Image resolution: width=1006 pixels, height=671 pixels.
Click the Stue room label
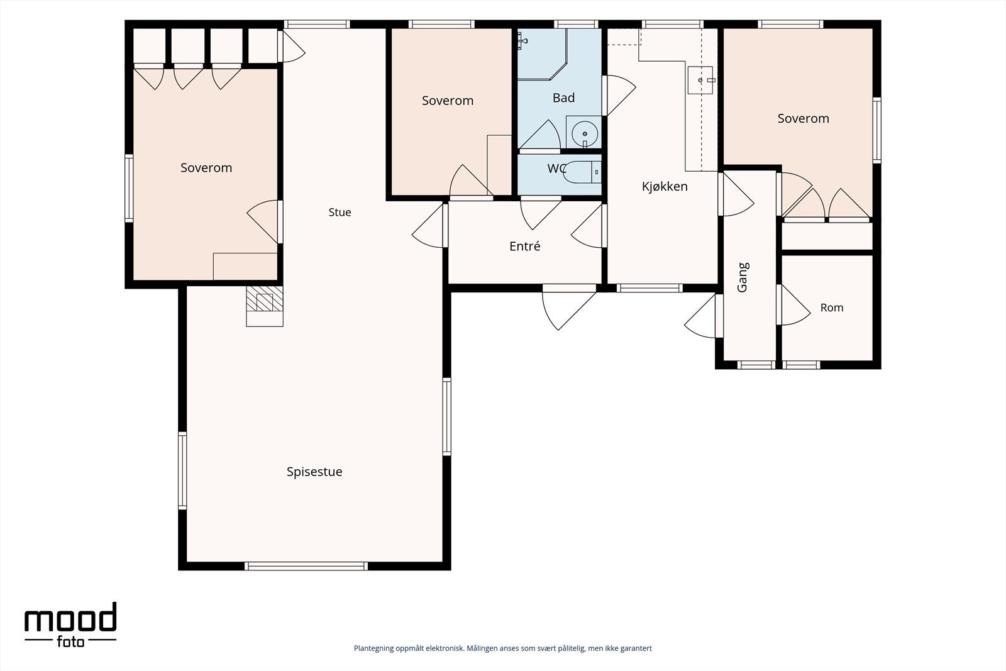pos(340,212)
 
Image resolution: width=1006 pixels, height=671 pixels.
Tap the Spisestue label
pos(314,472)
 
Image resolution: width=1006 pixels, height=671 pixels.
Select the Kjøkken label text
pos(665,186)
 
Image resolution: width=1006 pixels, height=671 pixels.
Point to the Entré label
pos(524,246)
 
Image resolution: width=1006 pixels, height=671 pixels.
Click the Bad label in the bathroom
pos(563,97)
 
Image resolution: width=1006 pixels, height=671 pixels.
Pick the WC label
pos(556,169)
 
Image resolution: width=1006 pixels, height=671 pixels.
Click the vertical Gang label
pos(743,277)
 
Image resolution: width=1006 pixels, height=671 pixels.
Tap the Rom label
pos(832,308)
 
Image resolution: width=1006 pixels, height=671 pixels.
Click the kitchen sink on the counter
pos(700,80)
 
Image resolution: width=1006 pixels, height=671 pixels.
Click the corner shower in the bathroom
pos(542,54)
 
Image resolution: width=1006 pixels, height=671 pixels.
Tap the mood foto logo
pos(70,624)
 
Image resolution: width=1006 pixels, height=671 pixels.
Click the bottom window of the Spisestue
pos(306,566)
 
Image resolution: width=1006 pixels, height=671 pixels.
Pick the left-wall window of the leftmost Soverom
pos(129,188)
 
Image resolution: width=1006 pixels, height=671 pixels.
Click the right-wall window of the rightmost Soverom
pos(876,130)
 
